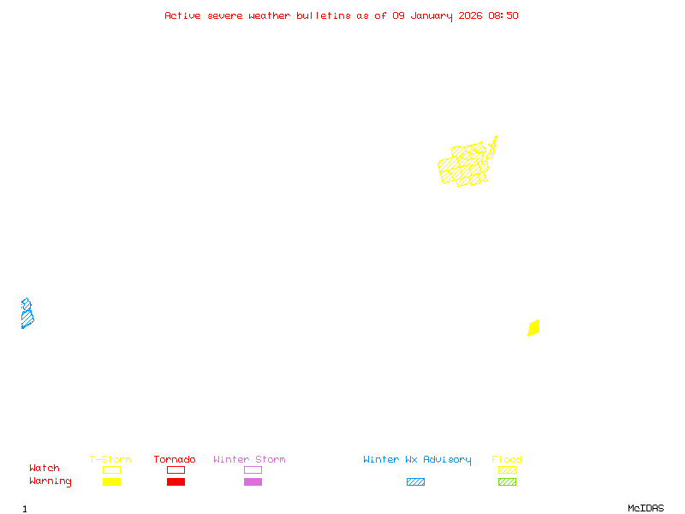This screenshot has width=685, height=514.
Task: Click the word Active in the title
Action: point(182,15)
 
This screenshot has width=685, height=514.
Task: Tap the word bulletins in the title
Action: point(323,15)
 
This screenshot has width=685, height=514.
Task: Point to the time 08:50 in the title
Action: point(502,15)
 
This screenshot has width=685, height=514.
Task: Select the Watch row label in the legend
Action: point(45,469)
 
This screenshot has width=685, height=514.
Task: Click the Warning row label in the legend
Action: point(51,481)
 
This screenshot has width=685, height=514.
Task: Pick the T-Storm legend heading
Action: point(110,459)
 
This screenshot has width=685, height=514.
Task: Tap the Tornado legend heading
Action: point(175,459)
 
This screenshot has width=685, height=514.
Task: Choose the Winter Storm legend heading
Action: point(249,459)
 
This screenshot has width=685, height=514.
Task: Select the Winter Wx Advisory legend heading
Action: point(417,459)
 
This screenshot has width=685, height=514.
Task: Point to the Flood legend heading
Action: point(507,459)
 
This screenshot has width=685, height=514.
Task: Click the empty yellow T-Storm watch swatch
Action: point(111,469)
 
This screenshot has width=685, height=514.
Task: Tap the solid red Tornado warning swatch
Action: point(176,482)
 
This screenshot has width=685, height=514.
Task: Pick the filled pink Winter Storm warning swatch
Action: point(253,482)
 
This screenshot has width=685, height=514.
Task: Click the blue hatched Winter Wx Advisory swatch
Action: point(415,482)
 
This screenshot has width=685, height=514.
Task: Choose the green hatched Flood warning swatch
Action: point(507,482)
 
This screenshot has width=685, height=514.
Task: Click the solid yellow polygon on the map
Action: point(533,328)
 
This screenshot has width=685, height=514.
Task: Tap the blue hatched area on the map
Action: point(27,314)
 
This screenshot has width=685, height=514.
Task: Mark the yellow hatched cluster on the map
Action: point(463,165)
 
